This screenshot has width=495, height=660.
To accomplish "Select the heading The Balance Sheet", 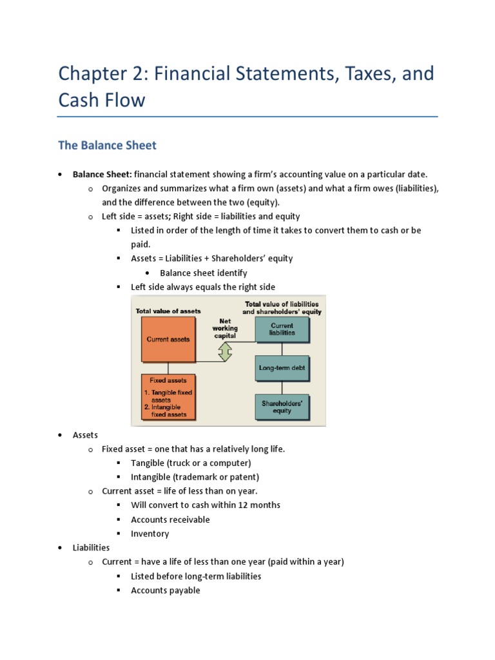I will click(x=107, y=146).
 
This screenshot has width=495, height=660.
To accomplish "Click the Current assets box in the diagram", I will click(x=168, y=339).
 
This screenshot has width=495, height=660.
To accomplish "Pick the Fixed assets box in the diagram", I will click(x=168, y=397).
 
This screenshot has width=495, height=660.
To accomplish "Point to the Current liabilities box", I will click(x=282, y=329).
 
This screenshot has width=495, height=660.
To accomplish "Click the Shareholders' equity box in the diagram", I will click(x=282, y=407).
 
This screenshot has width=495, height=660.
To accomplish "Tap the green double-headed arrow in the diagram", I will click(x=225, y=351).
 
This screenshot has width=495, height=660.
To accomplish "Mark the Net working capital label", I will click(x=225, y=327).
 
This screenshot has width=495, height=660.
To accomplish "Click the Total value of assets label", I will click(x=168, y=311).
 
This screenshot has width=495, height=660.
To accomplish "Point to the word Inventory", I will click(x=150, y=534).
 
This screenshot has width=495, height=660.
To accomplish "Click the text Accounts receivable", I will click(x=170, y=519).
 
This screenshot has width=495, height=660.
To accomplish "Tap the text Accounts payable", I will click(x=165, y=590).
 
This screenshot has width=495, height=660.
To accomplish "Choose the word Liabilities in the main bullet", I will click(x=91, y=548).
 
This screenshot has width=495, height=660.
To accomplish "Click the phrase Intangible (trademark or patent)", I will click(x=195, y=477).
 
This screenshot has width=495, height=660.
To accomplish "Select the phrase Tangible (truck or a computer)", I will click(x=191, y=463).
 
